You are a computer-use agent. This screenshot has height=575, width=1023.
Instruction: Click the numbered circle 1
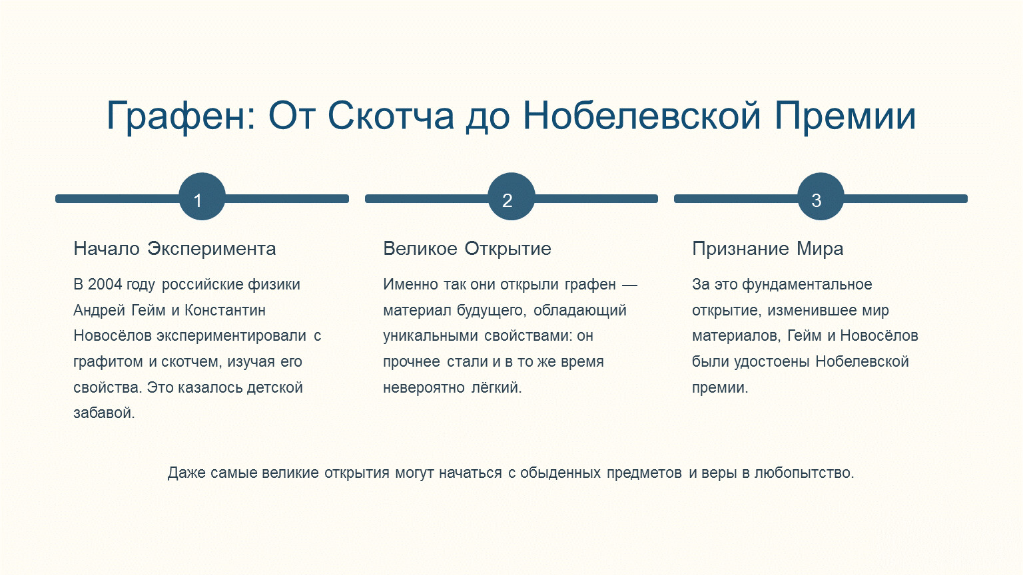click(x=202, y=197)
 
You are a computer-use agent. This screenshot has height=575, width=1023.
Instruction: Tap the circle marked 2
click(x=511, y=197)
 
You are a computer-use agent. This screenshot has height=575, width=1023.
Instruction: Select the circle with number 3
click(x=821, y=197)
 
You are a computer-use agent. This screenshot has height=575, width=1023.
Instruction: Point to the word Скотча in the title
click(x=390, y=115)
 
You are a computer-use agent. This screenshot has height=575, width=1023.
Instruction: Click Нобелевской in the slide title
click(x=641, y=115)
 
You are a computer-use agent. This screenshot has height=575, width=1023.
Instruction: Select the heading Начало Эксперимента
click(x=175, y=249)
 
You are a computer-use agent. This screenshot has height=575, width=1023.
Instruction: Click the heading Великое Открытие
click(x=467, y=249)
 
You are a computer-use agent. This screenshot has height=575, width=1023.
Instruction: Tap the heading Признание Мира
click(x=768, y=249)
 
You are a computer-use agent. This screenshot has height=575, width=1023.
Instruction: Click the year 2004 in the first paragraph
click(x=105, y=284)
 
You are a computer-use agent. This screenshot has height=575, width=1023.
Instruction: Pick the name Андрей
click(x=99, y=310)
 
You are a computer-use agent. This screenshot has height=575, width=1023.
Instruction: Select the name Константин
click(x=224, y=310)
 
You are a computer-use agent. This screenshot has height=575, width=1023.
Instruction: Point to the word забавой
click(x=104, y=413)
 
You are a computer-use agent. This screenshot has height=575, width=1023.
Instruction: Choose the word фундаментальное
click(x=807, y=285)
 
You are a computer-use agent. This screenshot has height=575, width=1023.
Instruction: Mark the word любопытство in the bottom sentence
click(x=804, y=473)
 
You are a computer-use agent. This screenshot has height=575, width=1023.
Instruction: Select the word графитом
click(x=108, y=362)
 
